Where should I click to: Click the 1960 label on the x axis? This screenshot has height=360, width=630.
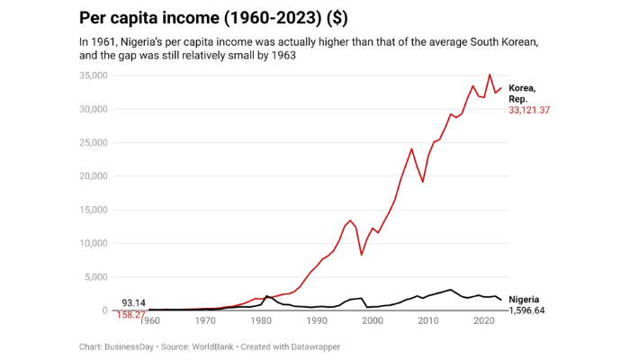tap(150, 320)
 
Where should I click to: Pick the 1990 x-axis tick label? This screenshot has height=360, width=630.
tap(317, 320)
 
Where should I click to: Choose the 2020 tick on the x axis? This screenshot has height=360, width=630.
tap(484, 320)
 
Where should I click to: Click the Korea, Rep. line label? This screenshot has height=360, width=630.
tap(522, 93)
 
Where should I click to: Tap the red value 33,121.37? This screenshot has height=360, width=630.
tap(529, 110)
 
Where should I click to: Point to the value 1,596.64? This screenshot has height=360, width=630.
tap(527, 310)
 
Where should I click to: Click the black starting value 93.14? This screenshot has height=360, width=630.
tap(133, 303)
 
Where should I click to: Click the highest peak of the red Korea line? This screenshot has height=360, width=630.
tap(490, 75)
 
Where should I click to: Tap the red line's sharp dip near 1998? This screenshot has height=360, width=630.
tap(362, 255)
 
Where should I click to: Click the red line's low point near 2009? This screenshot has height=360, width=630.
tap(423, 182)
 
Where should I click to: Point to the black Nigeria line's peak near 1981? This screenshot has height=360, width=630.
tap(267, 296)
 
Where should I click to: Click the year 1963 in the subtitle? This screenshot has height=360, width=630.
tap(282, 56)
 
